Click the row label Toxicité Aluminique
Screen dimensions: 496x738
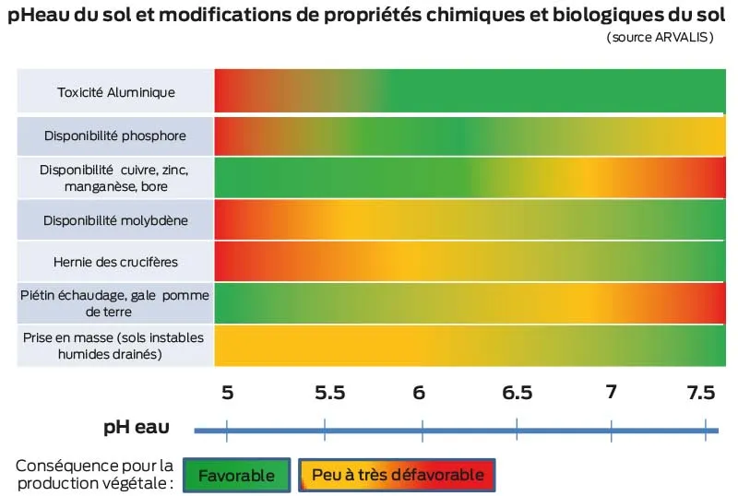(116, 92)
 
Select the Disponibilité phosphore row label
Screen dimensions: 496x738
(115, 136)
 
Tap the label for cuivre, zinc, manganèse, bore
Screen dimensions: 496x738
(116, 178)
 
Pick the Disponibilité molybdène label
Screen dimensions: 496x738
(116, 220)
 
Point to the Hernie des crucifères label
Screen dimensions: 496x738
(116, 262)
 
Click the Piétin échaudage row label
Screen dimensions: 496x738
(116, 302)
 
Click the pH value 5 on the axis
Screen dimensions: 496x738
(227, 392)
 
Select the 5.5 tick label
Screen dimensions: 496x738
(329, 392)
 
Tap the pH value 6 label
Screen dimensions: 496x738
(420, 392)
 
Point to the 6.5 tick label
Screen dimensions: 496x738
(518, 392)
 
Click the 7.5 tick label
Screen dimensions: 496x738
(701, 392)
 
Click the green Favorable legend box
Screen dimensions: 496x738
(236, 475)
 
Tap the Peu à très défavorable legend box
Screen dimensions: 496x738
(398, 475)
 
